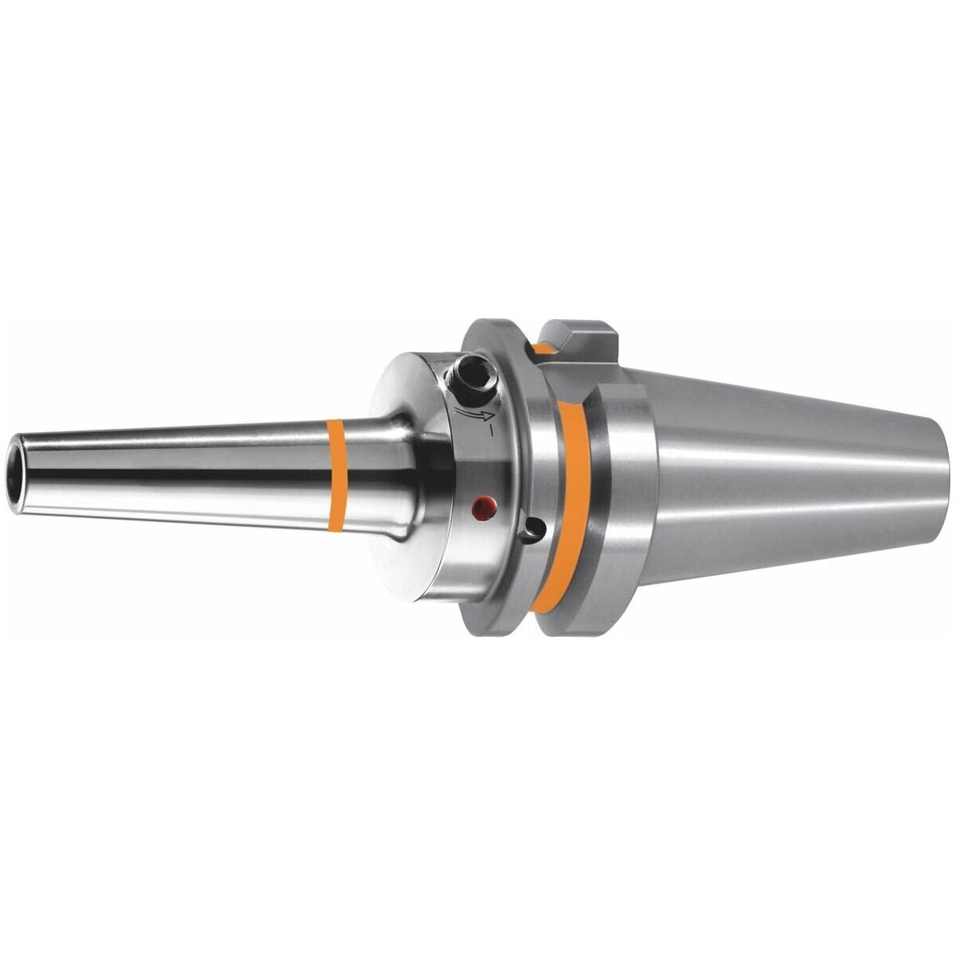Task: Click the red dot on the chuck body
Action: (x=479, y=506)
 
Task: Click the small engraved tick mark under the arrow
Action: (x=493, y=435)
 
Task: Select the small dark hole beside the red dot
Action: (x=535, y=528)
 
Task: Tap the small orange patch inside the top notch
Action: (x=547, y=348)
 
